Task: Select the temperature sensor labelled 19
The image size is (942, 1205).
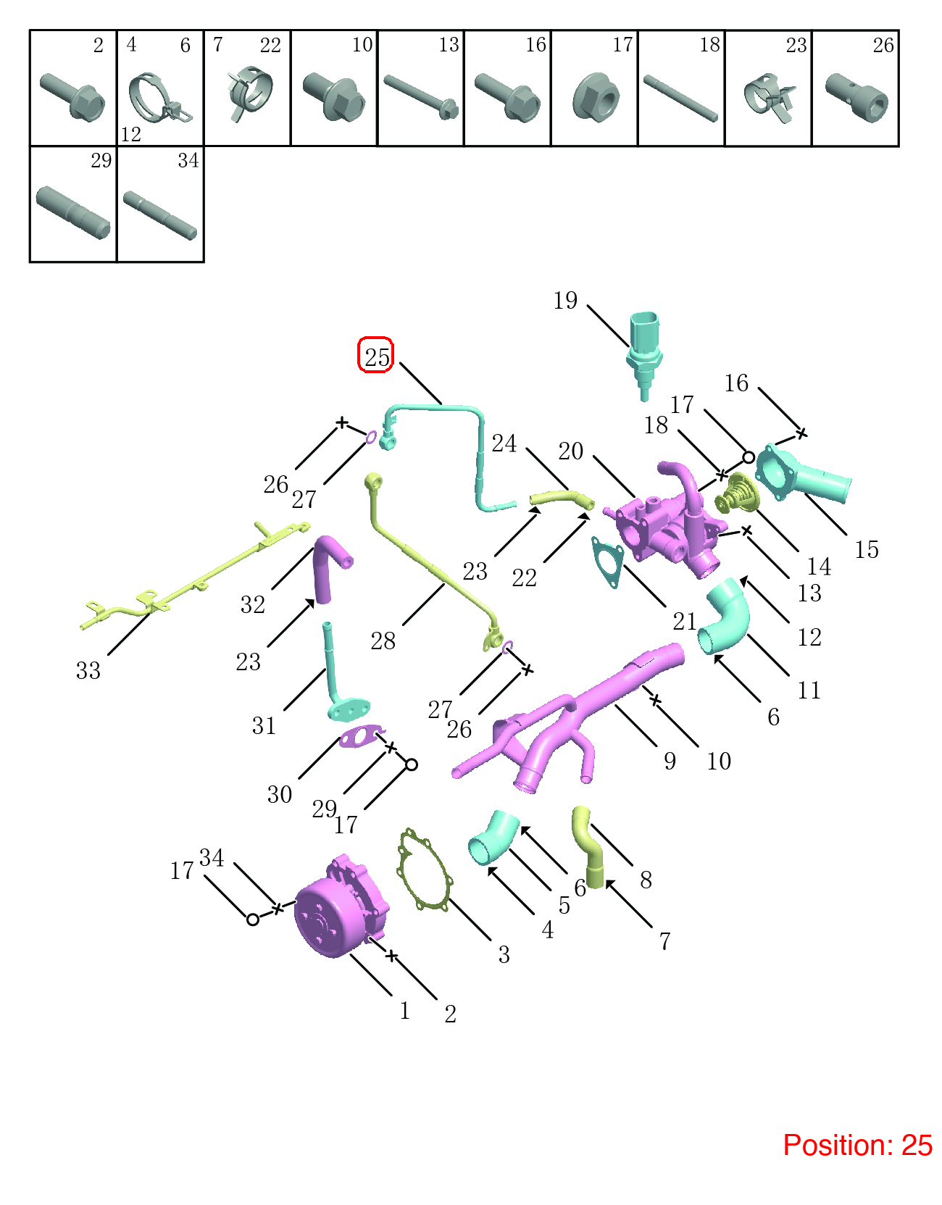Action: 643,355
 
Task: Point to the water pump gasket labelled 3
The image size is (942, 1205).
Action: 424,869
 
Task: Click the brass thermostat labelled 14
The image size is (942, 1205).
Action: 736,493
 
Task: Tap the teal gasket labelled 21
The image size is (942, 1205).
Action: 608,561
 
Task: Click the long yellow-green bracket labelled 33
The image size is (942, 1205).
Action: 195,577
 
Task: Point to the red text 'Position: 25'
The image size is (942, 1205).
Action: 857,1145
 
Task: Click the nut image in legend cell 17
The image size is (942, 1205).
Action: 596,96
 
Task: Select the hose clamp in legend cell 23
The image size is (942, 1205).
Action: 770,98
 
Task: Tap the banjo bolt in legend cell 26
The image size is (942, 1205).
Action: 856,98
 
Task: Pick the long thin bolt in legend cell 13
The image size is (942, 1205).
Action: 422,96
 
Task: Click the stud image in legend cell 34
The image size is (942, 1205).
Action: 159,215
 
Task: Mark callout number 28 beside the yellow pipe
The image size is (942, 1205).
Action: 383,641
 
